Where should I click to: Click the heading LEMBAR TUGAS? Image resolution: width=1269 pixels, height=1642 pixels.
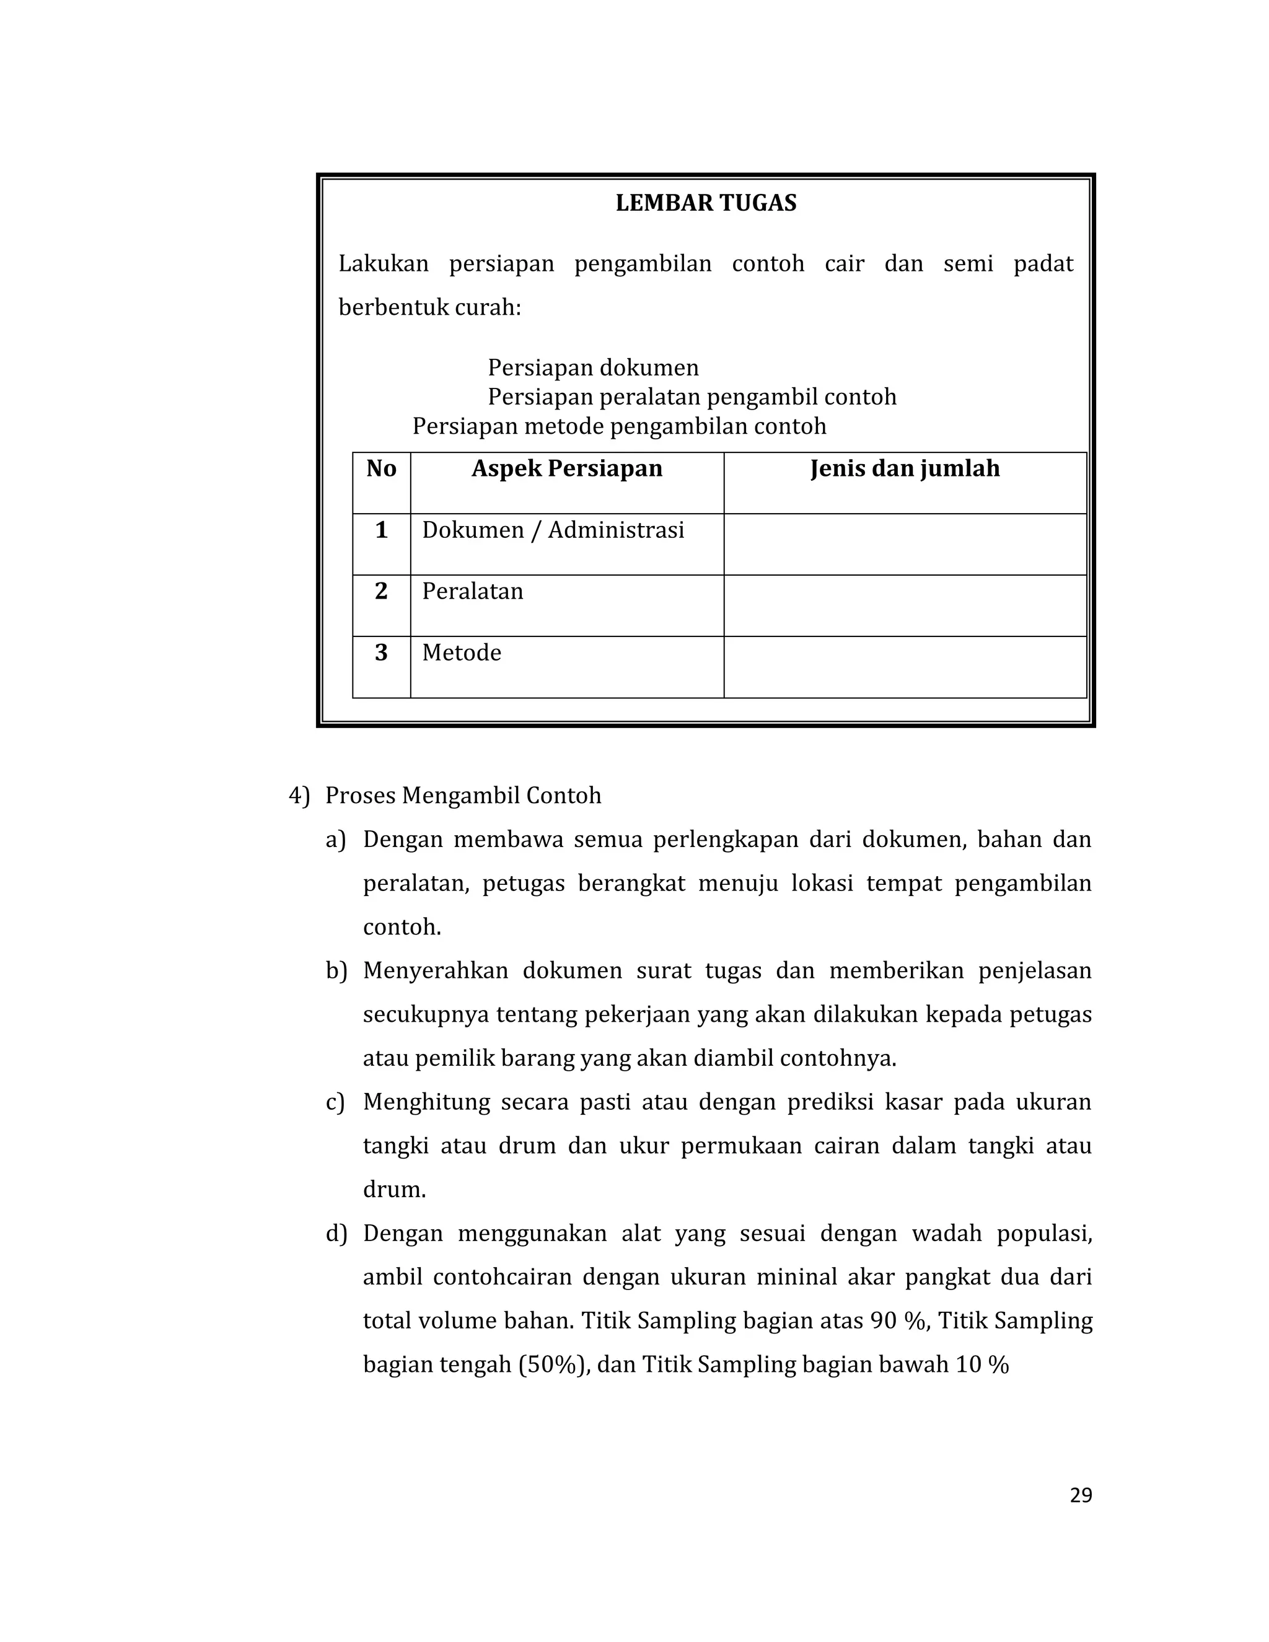(x=705, y=204)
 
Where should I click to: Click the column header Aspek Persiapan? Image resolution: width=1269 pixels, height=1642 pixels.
(x=567, y=469)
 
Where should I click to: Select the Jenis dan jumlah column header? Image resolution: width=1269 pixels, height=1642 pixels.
(x=905, y=469)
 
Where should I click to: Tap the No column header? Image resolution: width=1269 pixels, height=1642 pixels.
(x=381, y=469)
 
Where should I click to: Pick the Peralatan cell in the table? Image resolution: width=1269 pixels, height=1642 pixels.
(x=472, y=592)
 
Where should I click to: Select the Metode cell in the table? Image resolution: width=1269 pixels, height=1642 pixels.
(x=461, y=652)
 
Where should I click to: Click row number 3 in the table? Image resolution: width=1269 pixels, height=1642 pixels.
(x=381, y=652)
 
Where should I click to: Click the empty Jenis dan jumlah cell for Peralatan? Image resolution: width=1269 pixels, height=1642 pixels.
(x=905, y=606)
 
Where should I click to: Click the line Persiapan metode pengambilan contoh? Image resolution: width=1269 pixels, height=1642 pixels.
(x=619, y=427)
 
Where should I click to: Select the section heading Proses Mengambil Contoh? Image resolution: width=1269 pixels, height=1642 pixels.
(x=463, y=796)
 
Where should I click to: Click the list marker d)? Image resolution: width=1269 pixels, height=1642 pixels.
(x=336, y=1234)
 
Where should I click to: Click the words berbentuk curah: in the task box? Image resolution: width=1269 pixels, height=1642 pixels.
(x=429, y=308)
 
